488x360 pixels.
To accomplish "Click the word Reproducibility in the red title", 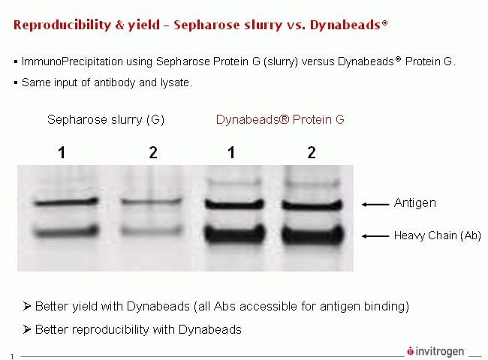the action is coord(62,25).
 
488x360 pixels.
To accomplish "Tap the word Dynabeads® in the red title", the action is coord(349,25).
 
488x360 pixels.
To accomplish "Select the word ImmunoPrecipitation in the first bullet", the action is coord(72,61).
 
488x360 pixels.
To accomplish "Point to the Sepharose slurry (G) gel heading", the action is coord(106,120).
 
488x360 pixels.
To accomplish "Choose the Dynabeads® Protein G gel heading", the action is coord(280,120).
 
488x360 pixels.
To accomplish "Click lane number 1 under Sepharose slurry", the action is coord(62,153).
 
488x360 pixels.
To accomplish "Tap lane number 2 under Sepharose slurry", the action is coord(153,153).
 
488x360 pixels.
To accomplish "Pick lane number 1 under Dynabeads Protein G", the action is coord(231,153).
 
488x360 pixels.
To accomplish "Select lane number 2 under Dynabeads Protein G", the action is coord(312,153).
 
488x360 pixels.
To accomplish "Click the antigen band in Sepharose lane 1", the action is coord(66,202).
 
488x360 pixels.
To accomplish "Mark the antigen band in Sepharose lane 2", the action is coord(152,202).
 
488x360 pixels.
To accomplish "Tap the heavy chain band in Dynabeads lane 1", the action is coord(235,233).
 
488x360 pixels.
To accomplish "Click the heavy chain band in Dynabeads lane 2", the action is coord(313,234).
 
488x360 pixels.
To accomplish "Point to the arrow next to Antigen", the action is coord(375,204).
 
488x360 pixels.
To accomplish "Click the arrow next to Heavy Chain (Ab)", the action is coord(375,236).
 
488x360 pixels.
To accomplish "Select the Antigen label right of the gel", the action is coord(415,203).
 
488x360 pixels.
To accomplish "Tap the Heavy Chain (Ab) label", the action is coord(438,235).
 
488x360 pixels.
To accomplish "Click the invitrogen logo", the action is coord(436,351).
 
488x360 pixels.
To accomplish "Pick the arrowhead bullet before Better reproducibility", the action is coord(27,329).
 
